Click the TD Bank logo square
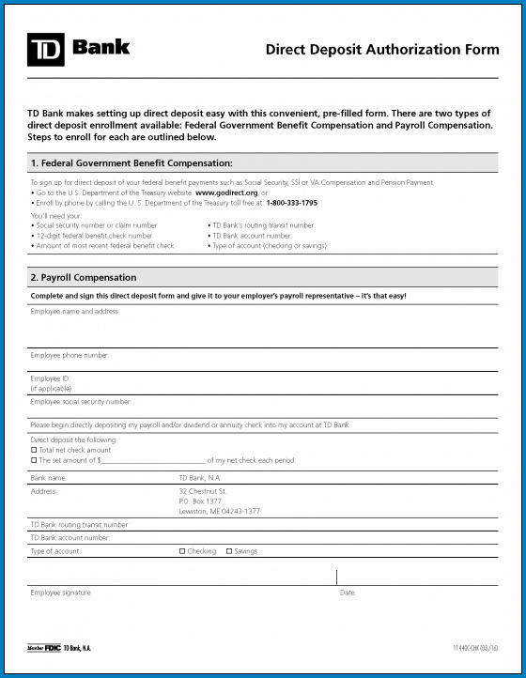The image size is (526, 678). click(x=45, y=50)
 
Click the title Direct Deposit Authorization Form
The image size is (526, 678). click(x=382, y=50)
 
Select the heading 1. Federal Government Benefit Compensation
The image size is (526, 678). click(x=131, y=163)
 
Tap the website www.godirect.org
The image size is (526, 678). click(x=226, y=193)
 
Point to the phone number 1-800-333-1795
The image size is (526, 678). click(x=291, y=203)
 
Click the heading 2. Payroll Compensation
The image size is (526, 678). click(x=84, y=278)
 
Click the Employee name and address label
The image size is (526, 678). click(x=75, y=311)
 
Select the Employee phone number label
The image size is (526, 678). click(x=70, y=355)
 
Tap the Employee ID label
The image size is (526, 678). click(x=50, y=378)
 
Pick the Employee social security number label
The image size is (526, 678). click(x=81, y=401)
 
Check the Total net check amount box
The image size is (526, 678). click(x=34, y=450)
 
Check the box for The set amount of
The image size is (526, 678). click(x=34, y=460)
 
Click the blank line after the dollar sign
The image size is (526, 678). click(x=153, y=461)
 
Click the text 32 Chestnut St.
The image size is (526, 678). click(x=202, y=491)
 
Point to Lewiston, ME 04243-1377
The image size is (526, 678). click(x=219, y=511)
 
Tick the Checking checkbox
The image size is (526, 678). click(x=182, y=551)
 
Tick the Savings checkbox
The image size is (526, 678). click(x=229, y=551)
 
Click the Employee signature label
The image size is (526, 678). click(x=61, y=593)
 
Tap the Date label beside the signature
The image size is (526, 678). click(x=348, y=593)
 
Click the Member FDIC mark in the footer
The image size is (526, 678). click(x=43, y=649)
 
